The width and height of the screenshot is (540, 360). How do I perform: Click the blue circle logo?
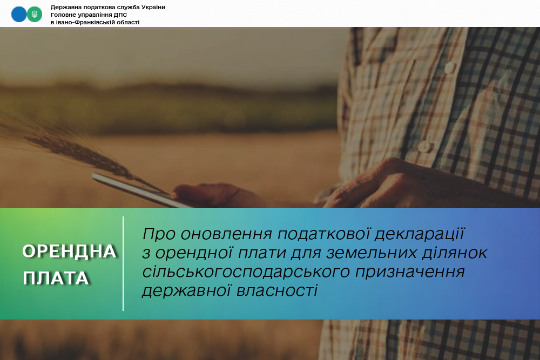19,15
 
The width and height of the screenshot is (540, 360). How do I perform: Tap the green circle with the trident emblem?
35,15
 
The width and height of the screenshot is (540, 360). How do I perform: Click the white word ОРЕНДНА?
69,252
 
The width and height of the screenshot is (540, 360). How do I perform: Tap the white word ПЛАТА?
56,279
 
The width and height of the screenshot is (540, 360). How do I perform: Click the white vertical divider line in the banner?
123,263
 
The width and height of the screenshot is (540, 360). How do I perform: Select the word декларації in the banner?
420,234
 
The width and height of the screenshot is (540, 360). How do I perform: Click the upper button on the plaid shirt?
450,67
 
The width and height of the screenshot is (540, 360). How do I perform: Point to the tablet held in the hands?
138,190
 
